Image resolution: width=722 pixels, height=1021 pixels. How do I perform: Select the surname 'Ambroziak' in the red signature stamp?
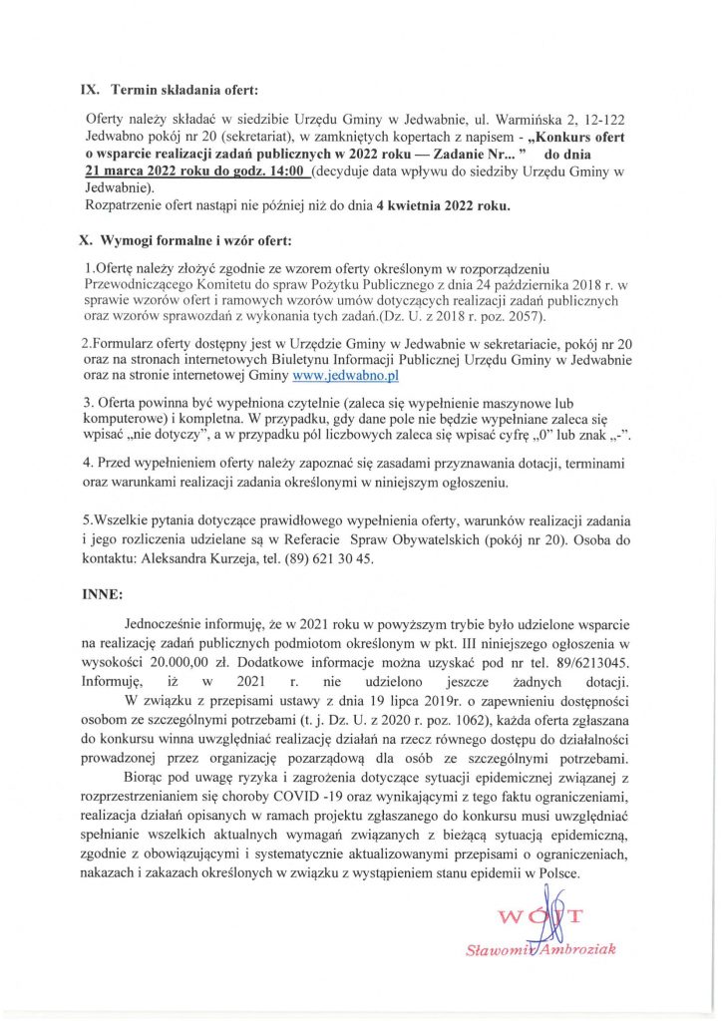pos(579,948)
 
